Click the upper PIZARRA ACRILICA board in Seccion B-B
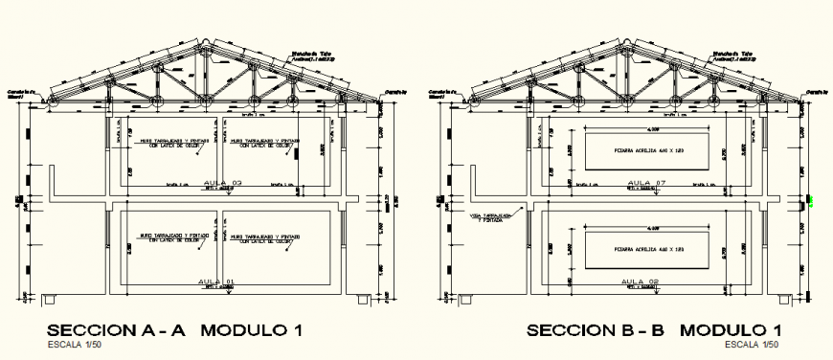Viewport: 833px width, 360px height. (x=647, y=150)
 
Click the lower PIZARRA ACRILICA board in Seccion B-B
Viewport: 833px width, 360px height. (x=647, y=248)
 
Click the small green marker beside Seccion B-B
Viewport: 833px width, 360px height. (x=810, y=201)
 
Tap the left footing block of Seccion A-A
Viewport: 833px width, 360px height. (x=48, y=300)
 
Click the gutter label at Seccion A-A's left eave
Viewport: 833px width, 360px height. (x=20, y=92)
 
